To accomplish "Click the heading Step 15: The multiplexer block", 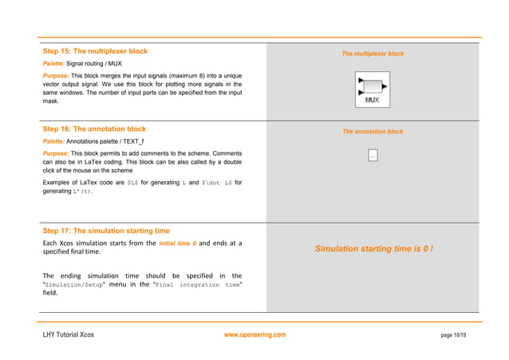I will click(95, 51).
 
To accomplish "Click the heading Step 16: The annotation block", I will click(93, 129).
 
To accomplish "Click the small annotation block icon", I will click(373, 156).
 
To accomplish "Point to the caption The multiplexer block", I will click(373, 53).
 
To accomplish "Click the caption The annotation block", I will click(373, 131).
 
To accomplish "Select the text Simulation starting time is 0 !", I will click(373, 249).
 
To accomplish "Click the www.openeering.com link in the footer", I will click(254, 334).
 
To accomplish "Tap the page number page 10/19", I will click(453, 334).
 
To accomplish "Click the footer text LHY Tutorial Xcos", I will click(68, 334).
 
